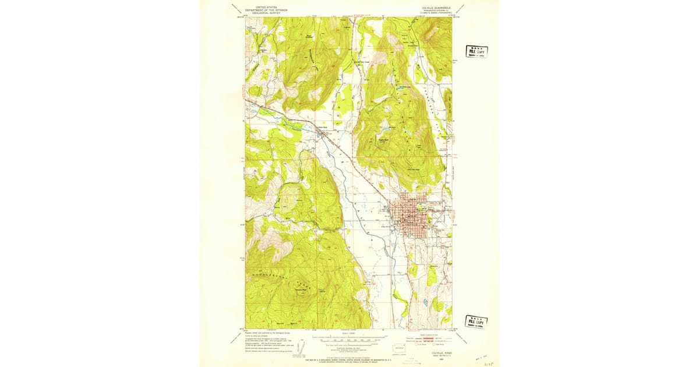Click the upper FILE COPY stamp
[x=476, y=51]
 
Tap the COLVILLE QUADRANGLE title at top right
[x=433, y=8]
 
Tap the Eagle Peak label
[x=384, y=139]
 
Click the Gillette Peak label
[x=301, y=290]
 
